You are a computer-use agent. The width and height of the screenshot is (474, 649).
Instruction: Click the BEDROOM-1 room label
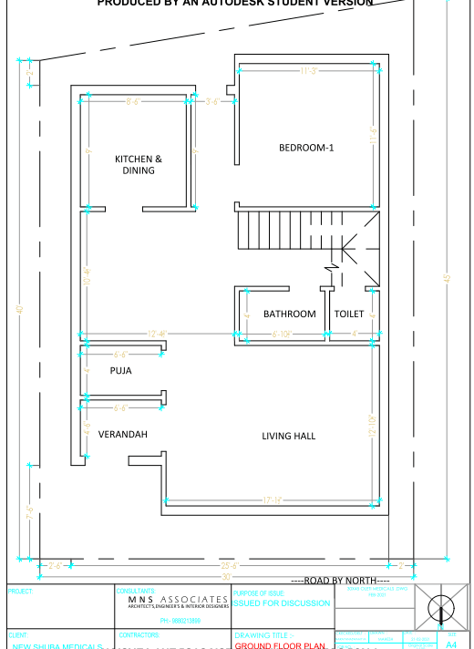[306, 148]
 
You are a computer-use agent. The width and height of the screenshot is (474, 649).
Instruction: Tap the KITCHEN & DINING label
[139, 164]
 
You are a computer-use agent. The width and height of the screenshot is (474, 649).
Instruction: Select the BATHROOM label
[290, 314]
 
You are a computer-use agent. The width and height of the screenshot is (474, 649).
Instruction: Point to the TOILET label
[349, 314]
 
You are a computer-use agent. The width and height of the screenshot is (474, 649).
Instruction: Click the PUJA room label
[120, 371]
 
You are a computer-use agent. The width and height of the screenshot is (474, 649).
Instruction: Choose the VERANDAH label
[123, 435]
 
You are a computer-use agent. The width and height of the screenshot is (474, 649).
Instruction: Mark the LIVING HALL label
[289, 437]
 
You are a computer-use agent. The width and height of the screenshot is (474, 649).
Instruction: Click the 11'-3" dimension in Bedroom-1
[308, 71]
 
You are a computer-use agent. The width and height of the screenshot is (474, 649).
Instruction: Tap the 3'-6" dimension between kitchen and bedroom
[211, 101]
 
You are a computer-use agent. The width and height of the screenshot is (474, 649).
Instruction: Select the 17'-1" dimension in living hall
[273, 500]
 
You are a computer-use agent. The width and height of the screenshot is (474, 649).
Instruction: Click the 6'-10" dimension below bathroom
[282, 335]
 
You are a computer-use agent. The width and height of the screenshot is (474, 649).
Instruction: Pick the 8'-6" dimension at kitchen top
[134, 101]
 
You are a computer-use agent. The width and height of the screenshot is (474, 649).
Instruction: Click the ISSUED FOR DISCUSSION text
[282, 603]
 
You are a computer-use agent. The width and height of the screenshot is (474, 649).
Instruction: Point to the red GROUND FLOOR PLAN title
[280, 644]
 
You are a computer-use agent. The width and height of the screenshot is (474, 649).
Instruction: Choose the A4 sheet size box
[450, 644]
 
